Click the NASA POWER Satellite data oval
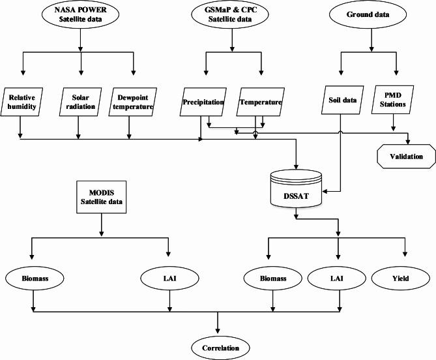(80, 15)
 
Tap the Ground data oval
(371, 15)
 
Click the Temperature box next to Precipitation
(259, 102)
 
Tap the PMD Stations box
(394, 102)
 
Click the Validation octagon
(407, 157)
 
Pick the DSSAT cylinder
(297, 187)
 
